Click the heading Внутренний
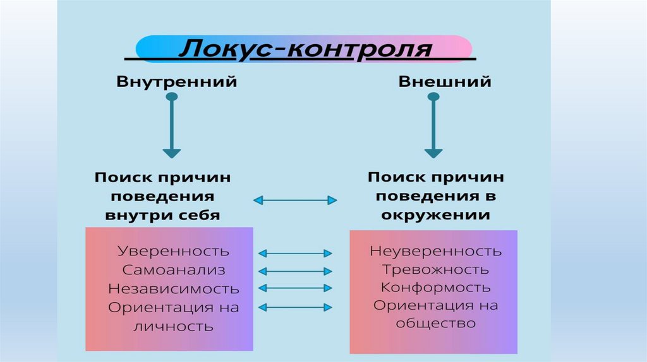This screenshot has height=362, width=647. pos(176,82)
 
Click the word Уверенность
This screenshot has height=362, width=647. pos(174,251)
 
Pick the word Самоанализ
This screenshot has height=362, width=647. pos(174,270)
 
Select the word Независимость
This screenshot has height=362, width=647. pos(174,289)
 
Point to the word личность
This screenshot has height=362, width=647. pos(174,326)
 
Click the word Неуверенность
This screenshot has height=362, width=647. pos(436,251)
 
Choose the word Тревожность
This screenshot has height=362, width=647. pos(436,269)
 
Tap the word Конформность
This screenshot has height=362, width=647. pos(436,288)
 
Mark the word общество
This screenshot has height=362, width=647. pos(436,324)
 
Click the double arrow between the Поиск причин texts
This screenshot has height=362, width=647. pos(295,201)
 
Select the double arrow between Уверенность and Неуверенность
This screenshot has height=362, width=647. pos(295,253)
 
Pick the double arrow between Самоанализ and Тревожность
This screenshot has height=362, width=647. pos(295,271)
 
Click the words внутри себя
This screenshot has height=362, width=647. pos(162,215)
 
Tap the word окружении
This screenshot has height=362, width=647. pos(435,215)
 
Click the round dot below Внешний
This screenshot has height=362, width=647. pos(433,97)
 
